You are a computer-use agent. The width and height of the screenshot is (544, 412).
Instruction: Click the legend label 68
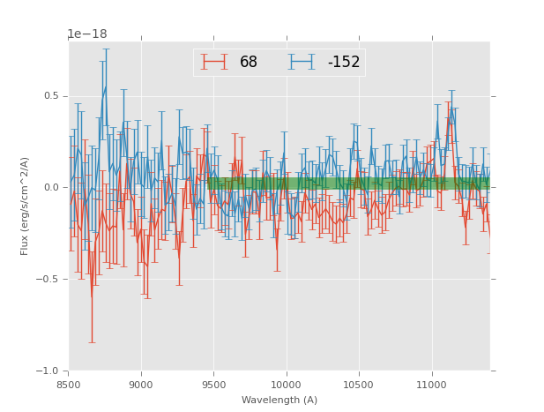click(x=249, y=63)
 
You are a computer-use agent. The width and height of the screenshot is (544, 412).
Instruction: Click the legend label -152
click(x=344, y=63)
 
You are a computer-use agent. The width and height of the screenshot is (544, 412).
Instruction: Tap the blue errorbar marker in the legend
click(x=302, y=62)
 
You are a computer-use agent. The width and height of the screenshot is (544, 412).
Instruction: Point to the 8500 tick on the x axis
click(x=69, y=384)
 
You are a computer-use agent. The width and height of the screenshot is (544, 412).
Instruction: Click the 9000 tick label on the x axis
click(x=141, y=384)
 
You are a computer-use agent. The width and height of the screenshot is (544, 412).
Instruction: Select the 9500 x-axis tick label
click(x=213, y=384)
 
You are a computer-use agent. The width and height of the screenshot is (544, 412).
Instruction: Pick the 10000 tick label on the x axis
click(x=287, y=384)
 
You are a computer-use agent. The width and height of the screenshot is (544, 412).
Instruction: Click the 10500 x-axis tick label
click(x=359, y=384)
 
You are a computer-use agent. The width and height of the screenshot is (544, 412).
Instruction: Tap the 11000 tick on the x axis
click(x=431, y=384)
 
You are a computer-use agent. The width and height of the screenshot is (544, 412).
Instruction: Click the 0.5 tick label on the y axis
click(x=53, y=96)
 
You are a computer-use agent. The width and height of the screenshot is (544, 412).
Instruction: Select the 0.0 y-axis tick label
click(x=53, y=188)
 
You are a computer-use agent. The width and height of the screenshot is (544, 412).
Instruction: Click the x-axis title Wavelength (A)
click(x=279, y=400)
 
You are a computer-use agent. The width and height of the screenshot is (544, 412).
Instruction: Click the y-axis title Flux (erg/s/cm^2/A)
click(x=26, y=206)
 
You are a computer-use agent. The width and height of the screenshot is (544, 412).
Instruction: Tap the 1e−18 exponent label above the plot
click(x=87, y=34)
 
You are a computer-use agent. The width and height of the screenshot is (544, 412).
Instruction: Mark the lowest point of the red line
click(x=91, y=296)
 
